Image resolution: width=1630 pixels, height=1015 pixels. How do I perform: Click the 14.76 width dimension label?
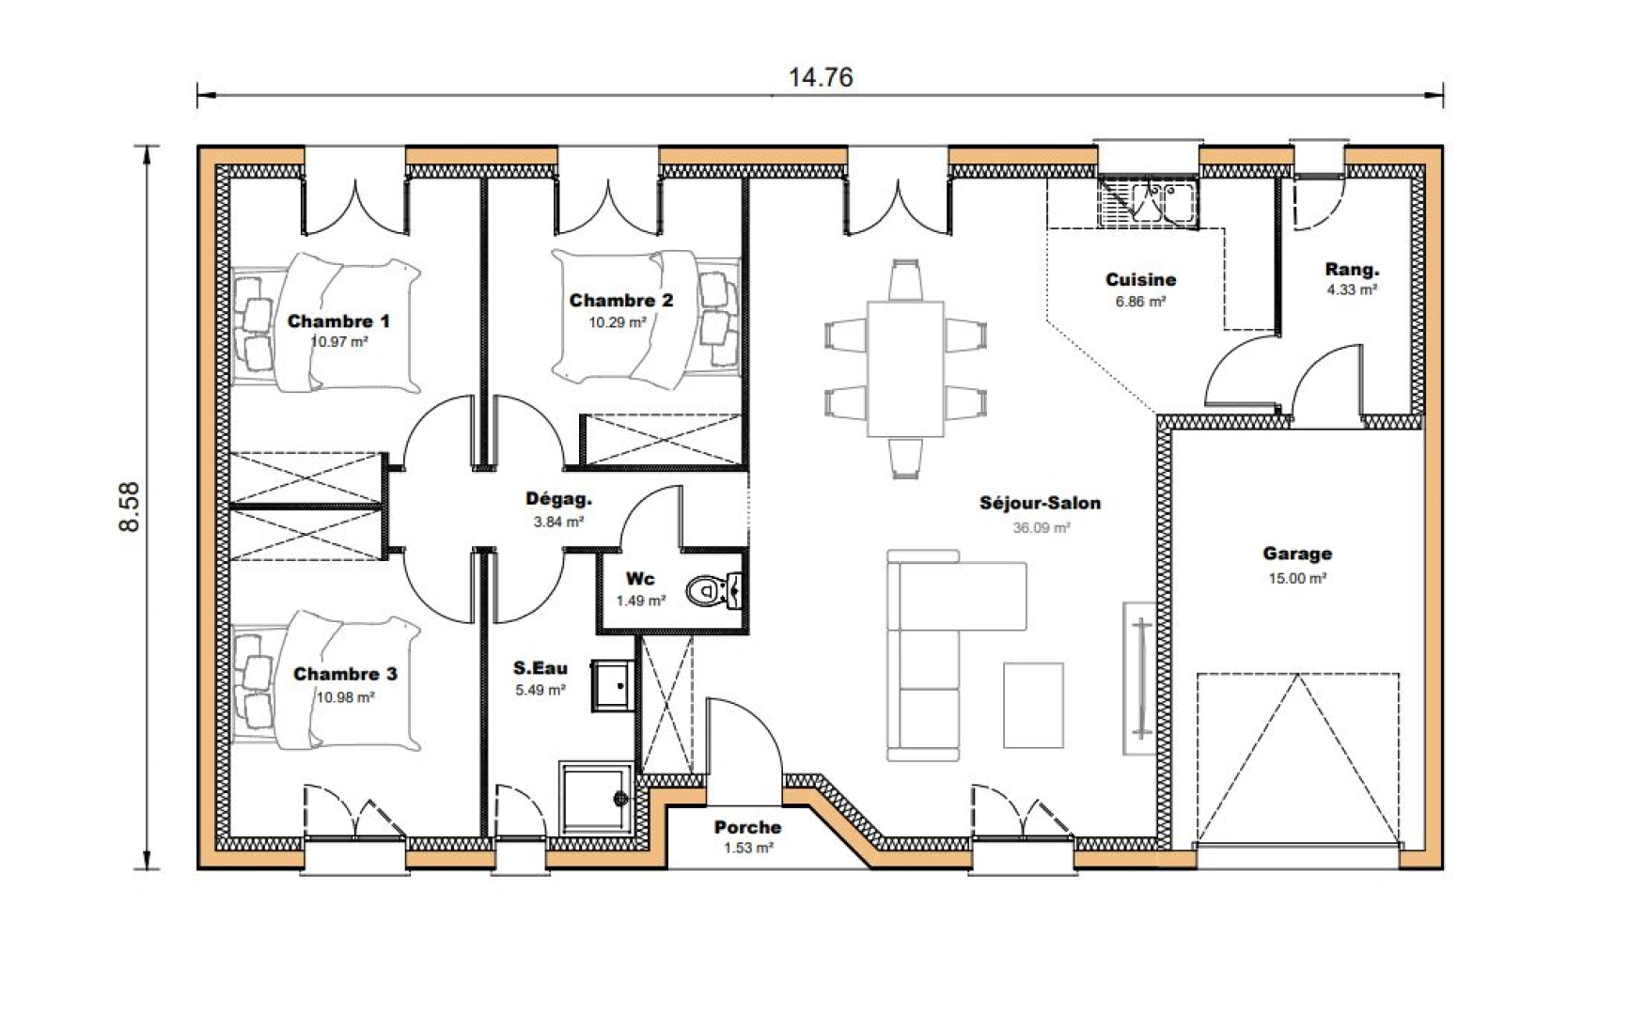tap(820, 77)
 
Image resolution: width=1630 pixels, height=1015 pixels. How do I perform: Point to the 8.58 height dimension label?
tap(130, 507)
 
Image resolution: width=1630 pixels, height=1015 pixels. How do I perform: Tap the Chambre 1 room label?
tap(338, 321)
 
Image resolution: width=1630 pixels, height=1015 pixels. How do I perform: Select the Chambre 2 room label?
tap(620, 301)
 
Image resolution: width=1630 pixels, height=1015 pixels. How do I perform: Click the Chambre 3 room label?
tap(345, 674)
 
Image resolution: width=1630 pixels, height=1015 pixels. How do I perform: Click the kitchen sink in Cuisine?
tap(1164, 203)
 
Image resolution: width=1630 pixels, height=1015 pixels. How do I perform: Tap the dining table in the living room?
tap(904, 367)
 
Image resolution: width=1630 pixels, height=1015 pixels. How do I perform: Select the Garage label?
tap(1296, 554)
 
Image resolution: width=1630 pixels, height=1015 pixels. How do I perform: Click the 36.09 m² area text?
tap(1041, 528)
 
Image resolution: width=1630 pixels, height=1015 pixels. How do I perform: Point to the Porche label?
tap(747, 827)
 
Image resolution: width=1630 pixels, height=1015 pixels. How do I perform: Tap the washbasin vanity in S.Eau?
tap(612, 685)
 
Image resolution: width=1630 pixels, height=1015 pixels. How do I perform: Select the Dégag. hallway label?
tap(558, 500)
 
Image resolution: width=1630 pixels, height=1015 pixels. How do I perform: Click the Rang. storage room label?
tap(1352, 270)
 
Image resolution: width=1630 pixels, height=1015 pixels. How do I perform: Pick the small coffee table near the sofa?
tap(1033, 705)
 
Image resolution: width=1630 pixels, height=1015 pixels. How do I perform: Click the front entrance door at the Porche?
tap(743, 752)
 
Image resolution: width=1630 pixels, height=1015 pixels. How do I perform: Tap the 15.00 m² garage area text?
tap(1296, 579)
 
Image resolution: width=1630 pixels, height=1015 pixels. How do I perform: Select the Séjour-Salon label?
tap(1040, 504)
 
